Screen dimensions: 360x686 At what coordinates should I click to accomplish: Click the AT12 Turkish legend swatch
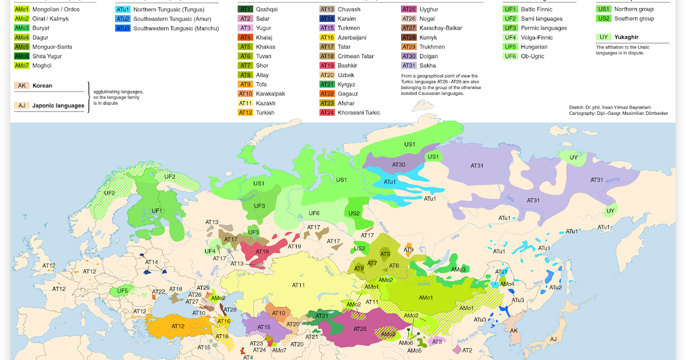pyautogui.click(x=245, y=113)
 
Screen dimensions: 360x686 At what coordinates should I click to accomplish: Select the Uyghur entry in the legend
pyautogui.click(x=428, y=9)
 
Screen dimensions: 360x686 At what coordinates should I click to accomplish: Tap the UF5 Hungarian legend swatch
pyautogui.click(x=510, y=47)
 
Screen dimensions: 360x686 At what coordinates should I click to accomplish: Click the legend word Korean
pyautogui.click(x=42, y=86)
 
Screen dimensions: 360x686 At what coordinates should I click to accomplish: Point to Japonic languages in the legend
pyautogui.click(x=58, y=105)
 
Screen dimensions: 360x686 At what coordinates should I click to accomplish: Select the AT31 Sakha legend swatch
pyautogui.click(x=409, y=66)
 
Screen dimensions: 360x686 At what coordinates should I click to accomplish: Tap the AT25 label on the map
pyautogui.click(x=360, y=329)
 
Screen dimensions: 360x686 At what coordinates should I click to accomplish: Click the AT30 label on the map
pyautogui.click(x=398, y=165)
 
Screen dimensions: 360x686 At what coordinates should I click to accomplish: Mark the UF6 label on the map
pyautogui.click(x=314, y=213)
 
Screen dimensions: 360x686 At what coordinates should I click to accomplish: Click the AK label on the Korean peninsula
pyautogui.click(x=513, y=331)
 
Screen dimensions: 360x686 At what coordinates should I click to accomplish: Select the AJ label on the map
pyautogui.click(x=552, y=339)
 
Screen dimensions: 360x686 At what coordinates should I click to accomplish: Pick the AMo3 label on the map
pyautogui.click(x=458, y=269)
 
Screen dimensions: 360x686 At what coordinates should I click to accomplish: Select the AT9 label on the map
pyautogui.click(x=408, y=250)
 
